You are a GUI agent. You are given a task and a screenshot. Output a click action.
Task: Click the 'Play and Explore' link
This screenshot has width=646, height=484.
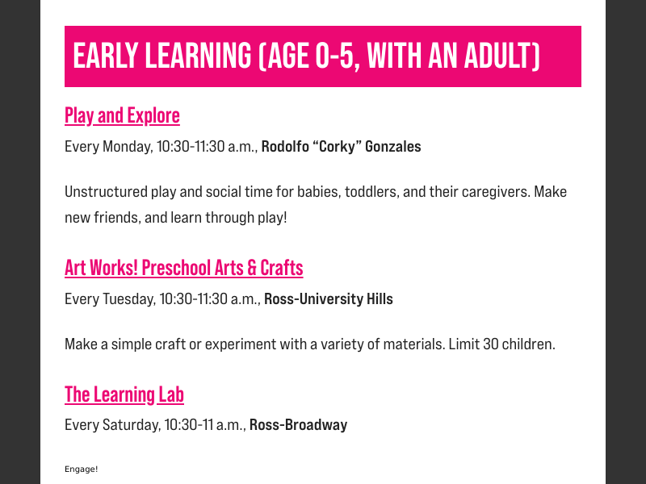pyautogui.click(x=122, y=115)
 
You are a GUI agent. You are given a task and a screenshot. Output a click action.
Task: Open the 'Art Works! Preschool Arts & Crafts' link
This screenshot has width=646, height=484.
pyautogui.click(x=183, y=267)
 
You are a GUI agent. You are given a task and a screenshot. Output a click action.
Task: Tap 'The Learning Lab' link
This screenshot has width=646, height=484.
pyautogui.click(x=124, y=394)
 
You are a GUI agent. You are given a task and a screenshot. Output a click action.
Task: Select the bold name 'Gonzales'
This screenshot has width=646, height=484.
pyautogui.click(x=393, y=147)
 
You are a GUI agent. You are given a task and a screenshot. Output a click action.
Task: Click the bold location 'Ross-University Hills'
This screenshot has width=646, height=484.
pyautogui.click(x=329, y=299)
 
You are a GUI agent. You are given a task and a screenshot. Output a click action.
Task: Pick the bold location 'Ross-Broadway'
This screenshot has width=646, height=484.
pyautogui.click(x=298, y=425)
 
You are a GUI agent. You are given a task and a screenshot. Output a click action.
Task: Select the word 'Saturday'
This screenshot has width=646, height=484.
pyautogui.click(x=131, y=425)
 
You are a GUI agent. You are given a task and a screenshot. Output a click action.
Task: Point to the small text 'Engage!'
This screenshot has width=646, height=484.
pyautogui.click(x=81, y=469)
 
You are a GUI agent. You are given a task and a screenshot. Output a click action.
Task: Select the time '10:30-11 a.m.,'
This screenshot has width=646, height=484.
pyautogui.click(x=205, y=425)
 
